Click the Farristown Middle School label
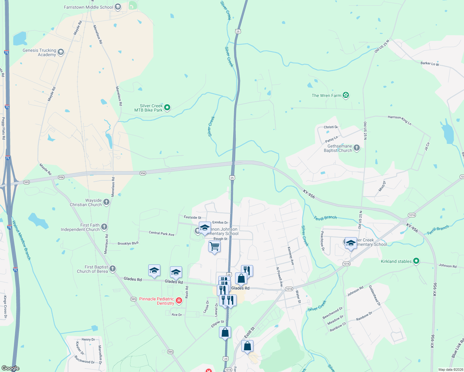pos(88,7)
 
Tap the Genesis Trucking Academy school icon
pos(61,52)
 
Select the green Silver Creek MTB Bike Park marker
pos(167,108)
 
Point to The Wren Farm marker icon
pos(346,95)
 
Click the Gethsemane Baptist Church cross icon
pos(357,148)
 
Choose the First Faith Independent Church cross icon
pos(104,227)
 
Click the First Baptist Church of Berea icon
pos(113,268)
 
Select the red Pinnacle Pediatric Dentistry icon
pos(179,300)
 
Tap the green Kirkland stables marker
pos(417,261)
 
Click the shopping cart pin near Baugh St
pos(214,247)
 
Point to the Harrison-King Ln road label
pos(399,120)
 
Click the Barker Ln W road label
pos(430,64)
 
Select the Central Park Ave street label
pos(162,233)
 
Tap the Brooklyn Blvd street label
pos(128,243)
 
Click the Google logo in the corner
pos(10,368)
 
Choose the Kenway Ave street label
pos(291,256)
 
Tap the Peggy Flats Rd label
pos(3,128)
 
